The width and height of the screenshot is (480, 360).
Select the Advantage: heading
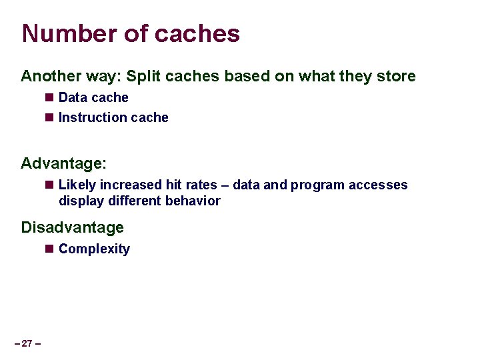pos(64,163)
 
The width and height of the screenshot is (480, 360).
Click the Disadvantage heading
pos(72,227)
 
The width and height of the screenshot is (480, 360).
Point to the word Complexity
pos(94,249)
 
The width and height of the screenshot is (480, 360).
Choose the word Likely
pos(77,185)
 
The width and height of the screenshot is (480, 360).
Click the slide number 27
pos(27,343)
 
